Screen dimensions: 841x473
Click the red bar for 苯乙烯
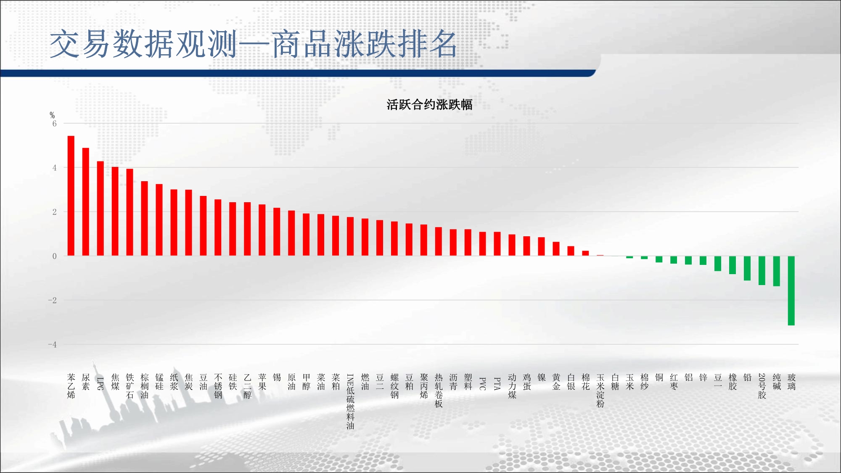coord(71,196)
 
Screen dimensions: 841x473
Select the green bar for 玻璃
coord(791,291)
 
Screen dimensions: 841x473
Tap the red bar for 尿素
coord(86,202)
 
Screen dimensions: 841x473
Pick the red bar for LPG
coord(100,209)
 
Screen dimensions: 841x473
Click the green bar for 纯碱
coord(777,271)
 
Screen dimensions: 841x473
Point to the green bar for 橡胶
coord(733,265)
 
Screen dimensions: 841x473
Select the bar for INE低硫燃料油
coord(350,236)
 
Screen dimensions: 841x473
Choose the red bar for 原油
coord(291,233)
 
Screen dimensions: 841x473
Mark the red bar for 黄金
coord(556,249)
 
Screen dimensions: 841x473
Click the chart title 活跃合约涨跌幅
coord(429,105)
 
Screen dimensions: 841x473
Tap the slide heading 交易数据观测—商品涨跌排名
coord(253,44)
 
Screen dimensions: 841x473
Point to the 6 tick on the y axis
coord(54,124)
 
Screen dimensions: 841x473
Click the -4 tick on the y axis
coord(52,345)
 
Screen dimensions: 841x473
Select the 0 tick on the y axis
coord(54,256)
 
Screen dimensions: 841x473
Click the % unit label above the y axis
coord(52,115)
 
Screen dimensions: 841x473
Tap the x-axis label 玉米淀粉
coord(600,391)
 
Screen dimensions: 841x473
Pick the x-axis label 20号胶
coord(762,386)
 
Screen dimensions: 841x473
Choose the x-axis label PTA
coord(497,383)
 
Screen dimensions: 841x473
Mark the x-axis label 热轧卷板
coord(439,391)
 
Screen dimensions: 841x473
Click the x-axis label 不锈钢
coord(218,386)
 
